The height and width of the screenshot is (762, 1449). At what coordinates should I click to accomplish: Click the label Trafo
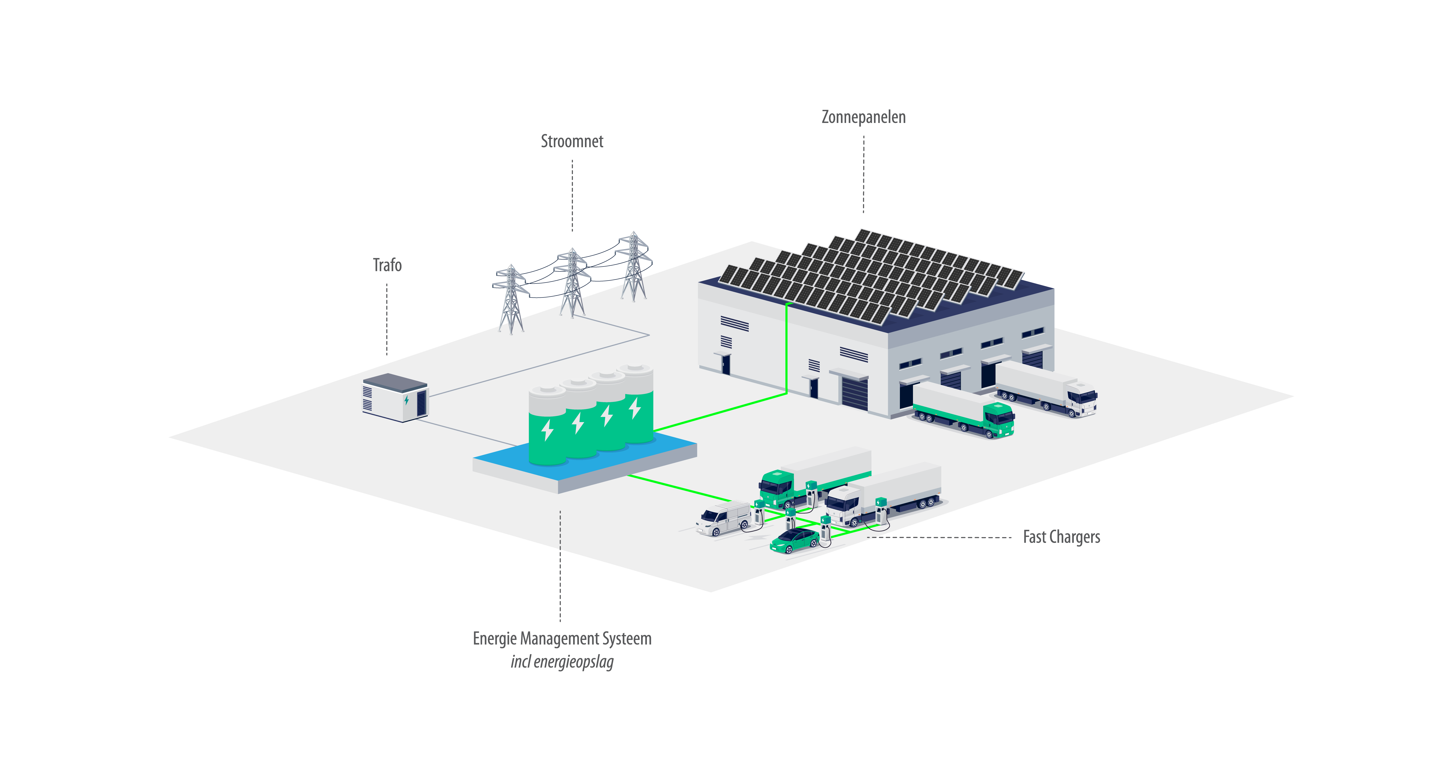point(387,265)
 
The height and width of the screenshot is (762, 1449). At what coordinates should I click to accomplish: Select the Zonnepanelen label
point(863,117)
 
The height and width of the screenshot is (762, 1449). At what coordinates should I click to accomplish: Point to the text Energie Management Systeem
point(562,639)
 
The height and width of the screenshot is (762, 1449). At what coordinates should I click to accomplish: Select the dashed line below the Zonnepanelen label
point(863,174)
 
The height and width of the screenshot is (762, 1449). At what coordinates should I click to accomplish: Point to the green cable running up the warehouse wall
point(786,349)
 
